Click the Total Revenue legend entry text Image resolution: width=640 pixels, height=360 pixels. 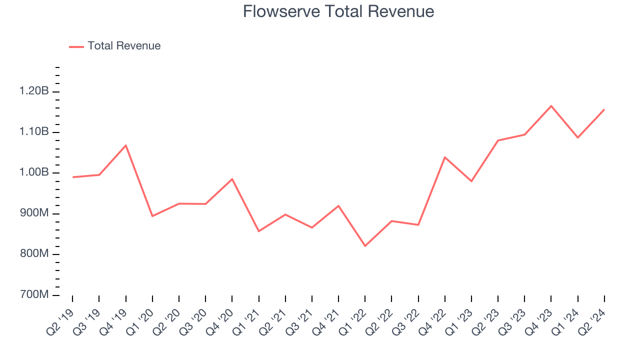tap(124, 46)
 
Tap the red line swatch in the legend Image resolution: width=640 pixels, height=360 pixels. tap(76, 46)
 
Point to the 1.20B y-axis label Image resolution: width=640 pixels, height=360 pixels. tap(34, 91)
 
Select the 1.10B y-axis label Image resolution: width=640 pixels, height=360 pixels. tap(34, 132)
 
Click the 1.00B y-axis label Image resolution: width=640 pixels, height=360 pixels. tap(34, 172)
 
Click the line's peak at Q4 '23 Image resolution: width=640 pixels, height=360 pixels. tap(551, 106)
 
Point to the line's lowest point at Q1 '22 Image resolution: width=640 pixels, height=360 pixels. tap(365, 246)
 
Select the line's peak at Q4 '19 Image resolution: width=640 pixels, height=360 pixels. tap(125, 145)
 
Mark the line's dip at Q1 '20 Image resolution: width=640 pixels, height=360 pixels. tap(152, 216)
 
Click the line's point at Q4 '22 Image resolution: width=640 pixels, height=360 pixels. tap(444, 157)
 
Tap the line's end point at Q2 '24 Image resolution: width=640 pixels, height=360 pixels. tap(604, 109)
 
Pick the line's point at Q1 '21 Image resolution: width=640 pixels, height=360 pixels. tap(258, 231)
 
